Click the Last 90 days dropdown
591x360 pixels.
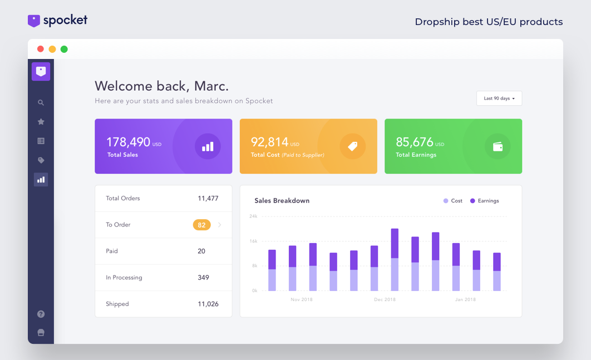[x=499, y=98]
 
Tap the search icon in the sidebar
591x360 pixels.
[x=41, y=103]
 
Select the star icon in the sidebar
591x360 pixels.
[x=41, y=122]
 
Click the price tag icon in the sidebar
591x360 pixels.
[x=41, y=160]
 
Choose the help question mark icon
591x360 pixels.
[x=41, y=314]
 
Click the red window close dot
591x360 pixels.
[x=41, y=49]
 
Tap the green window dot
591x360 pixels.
[x=64, y=49]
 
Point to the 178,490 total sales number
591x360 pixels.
[x=129, y=142]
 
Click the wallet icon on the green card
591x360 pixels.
[x=498, y=146]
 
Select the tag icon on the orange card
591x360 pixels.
[x=352, y=146]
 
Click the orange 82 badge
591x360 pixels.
[x=201, y=225]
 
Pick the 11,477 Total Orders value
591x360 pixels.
[x=208, y=199]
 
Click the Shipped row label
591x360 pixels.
[x=117, y=304]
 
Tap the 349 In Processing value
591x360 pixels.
[x=203, y=278]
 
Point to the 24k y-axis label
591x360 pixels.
[x=253, y=216]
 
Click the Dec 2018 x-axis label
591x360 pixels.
[x=385, y=300]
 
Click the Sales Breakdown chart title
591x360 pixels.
[x=282, y=201]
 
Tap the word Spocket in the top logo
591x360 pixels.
[x=65, y=21]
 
